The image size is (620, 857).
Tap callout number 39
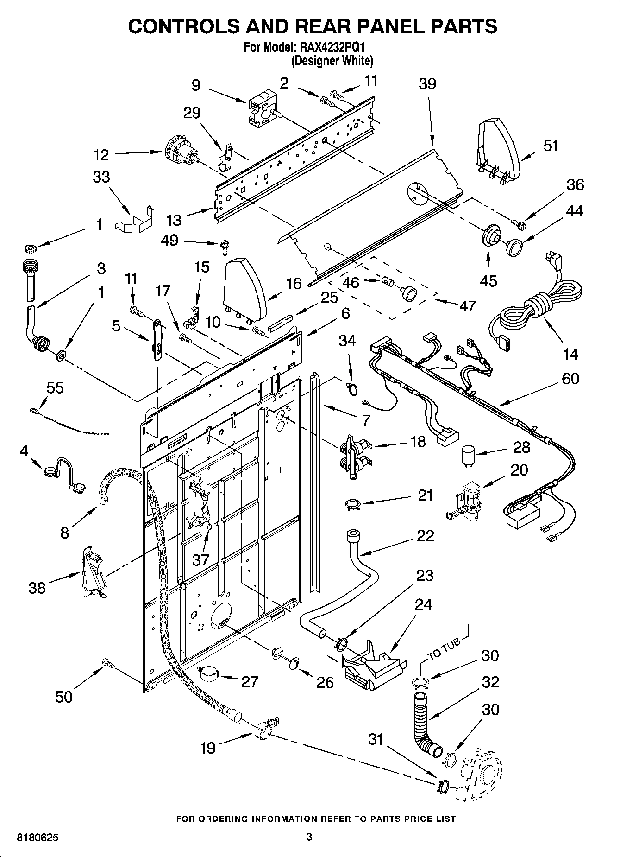pos(427,84)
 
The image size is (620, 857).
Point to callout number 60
pos(570,378)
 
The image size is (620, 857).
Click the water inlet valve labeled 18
pos(355,455)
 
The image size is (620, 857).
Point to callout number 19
pos(208,748)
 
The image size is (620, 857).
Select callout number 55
pos(55,387)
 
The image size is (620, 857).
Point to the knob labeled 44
pos(513,246)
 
